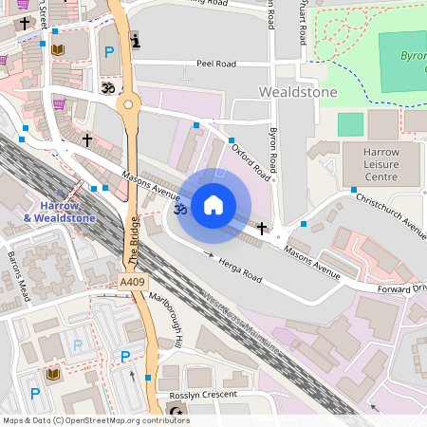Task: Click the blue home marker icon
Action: tap(213, 205)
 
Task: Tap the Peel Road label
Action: tap(215, 63)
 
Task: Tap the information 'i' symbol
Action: tap(135, 41)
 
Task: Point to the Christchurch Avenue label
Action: tap(390, 211)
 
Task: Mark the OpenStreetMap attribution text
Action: tap(95, 420)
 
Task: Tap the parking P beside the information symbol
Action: tap(109, 51)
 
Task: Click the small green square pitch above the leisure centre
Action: tap(350, 124)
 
